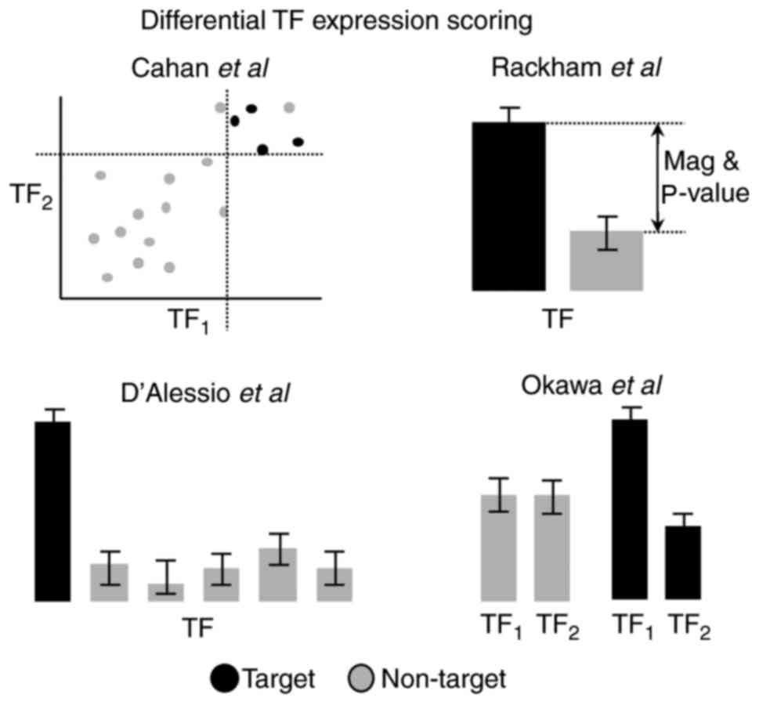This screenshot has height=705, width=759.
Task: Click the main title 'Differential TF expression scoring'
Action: click(337, 21)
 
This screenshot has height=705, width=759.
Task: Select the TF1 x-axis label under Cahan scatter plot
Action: click(190, 319)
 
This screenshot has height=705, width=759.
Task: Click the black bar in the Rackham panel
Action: click(508, 207)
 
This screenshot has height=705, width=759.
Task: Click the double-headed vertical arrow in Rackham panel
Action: click(658, 178)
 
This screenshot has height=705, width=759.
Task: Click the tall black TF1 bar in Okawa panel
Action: click(629, 510)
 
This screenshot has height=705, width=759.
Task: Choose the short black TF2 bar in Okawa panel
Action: click(683, 563)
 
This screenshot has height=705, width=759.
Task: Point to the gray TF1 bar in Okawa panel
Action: click(497, 548)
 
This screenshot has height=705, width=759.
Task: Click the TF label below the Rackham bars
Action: click(557, 319)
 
